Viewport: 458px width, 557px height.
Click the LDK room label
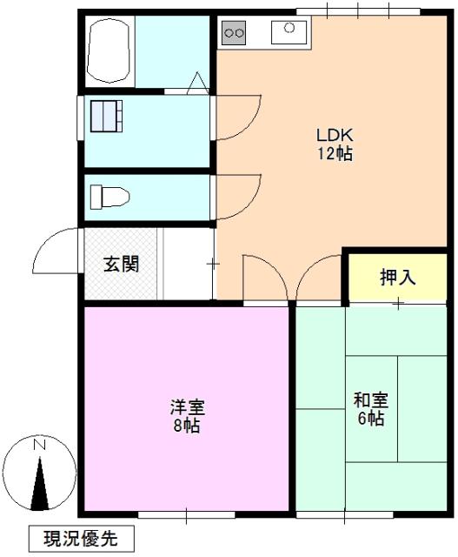click(333, 137)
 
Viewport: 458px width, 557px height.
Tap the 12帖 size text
click(333, 154)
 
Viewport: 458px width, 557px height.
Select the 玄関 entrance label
click(121, 265)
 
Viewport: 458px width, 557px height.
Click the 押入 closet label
click(397, 278)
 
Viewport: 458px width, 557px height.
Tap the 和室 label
click(370, 401)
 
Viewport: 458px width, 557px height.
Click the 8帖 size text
click(186, 426)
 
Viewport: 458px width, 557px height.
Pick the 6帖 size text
click(370, 419)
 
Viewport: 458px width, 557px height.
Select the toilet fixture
click(110, 197)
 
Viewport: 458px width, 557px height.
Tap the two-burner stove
click(234, 34)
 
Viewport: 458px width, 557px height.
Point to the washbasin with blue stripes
click(109, 115)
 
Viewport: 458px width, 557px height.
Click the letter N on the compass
click(39, 446)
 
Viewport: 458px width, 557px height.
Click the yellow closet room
click(397, 277)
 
